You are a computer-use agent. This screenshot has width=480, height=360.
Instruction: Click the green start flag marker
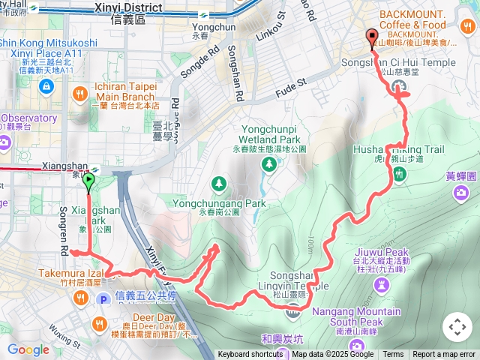89,180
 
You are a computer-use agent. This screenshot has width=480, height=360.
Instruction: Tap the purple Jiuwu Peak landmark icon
382,286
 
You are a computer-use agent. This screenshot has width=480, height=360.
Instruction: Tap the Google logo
28,349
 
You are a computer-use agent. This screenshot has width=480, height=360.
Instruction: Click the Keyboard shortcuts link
250,355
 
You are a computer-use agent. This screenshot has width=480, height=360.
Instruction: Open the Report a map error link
444,355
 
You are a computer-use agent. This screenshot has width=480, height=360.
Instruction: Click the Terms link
393,355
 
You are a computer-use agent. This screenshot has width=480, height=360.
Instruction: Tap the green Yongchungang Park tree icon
218,182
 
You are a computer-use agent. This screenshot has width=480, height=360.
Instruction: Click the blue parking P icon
104,299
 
